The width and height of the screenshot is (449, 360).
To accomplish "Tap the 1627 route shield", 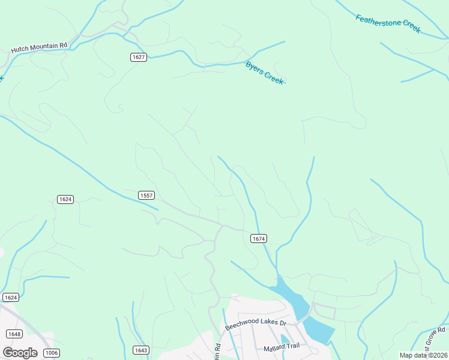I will coord(139,57).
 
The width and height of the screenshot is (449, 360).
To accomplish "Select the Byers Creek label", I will coord(264,73).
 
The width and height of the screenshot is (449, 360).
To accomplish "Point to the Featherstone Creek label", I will coord(388,24).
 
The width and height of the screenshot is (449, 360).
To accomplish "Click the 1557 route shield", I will coord(146,195).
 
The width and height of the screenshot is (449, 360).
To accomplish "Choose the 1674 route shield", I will coord(258,239).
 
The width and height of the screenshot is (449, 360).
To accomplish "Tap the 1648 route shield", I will coord(14,334).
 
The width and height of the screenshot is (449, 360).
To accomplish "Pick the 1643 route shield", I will coord(140,350).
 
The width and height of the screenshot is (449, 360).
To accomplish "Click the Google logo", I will coord(20,352).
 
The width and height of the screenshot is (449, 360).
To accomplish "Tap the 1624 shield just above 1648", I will coord(10,298).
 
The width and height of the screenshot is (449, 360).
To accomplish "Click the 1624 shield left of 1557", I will coord(65,199).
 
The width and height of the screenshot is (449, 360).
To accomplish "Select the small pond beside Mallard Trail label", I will coord(285,339).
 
